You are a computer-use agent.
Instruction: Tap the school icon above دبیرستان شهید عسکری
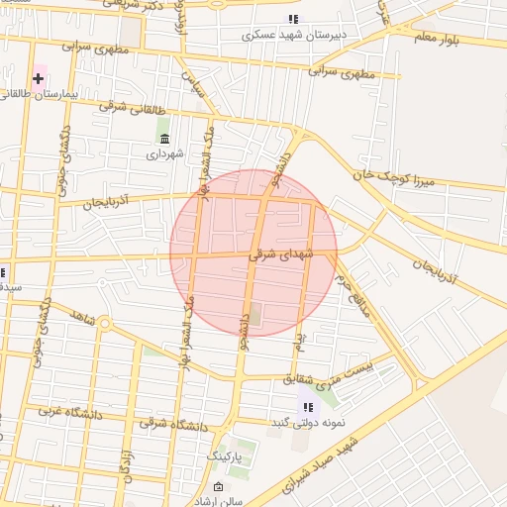(292, 19)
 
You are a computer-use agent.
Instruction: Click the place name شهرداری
(165, 153)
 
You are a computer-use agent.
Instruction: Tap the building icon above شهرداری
(163, 138)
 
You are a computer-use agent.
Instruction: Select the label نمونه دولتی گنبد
(308, 423)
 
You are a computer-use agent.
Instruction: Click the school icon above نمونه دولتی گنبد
(308, 407)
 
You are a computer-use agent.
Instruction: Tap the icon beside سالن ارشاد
(219, 487)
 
